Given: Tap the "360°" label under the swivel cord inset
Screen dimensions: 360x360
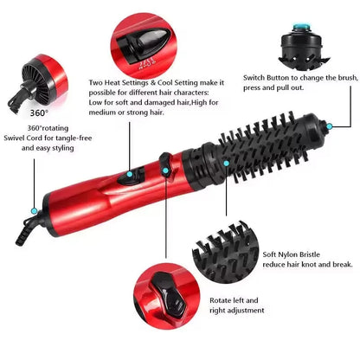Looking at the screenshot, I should point(39,112).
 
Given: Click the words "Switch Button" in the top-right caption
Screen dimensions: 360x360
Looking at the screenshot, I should point(272,76).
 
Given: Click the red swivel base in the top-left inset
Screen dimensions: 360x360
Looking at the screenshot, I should point(40,73).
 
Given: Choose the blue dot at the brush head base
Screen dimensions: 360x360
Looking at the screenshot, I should point(225,162).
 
